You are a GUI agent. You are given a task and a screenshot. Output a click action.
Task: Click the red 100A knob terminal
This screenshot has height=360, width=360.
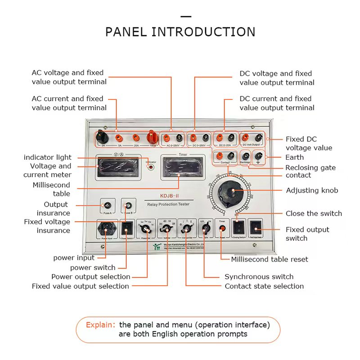tap(152, 137)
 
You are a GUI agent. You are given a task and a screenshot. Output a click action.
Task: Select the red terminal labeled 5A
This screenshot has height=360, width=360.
tap(119, 138)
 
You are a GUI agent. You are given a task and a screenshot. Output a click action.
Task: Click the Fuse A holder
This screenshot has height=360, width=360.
tap(108, 205)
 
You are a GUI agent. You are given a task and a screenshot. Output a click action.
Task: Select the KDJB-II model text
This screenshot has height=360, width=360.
tap(171, 196)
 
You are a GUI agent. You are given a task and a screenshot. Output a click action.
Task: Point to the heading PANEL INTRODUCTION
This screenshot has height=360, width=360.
tap(180, 32)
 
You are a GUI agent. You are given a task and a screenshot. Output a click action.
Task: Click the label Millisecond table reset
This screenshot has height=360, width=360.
tap(270, 259)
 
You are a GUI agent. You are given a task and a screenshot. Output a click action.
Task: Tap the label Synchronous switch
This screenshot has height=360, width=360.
tap(259, 277)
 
